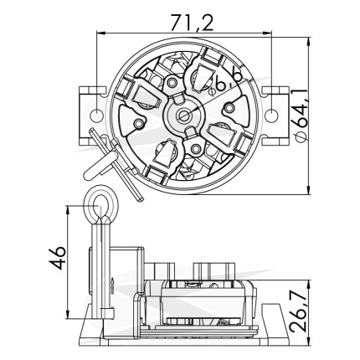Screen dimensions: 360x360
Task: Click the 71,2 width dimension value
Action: (x=192, y=23)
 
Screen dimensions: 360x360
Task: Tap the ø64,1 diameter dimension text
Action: (x=300, y=116)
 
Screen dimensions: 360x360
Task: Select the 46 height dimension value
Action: (x=58, y=258)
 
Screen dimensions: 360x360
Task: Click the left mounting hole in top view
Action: (x=96, y=116)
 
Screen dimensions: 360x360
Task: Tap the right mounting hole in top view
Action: (x=271, y=116)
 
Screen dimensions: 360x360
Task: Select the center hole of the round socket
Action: (x=184, y=115)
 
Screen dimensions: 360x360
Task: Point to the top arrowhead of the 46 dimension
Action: (x=67, y=211)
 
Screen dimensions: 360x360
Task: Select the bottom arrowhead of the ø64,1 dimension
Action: (x=309, y=189)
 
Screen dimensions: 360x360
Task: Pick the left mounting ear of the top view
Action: (x=93, y=116)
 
